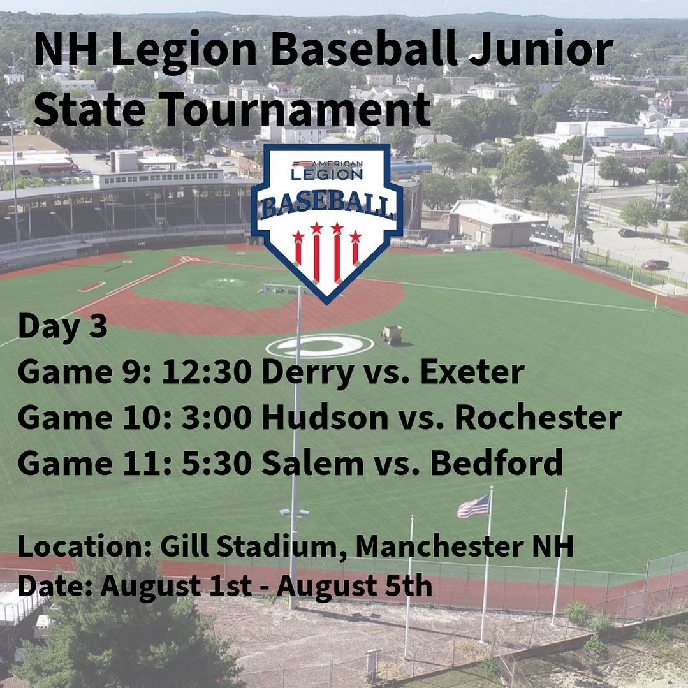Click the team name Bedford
tap(496, 464)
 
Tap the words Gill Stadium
tap(253, 547)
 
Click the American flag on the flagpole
tap(474, 507)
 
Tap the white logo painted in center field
tap(319, 346)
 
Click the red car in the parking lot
tap(655, 264)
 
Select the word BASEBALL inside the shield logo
tap(326, 206)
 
